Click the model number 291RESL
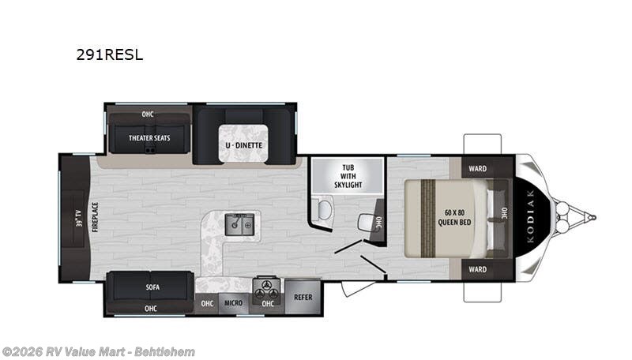click(110, 54)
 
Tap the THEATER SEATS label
click(149, 138)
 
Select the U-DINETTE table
click(243, 144)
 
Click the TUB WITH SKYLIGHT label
click(348, 176)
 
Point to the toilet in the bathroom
click(325, 208)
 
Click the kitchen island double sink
click(239, 225)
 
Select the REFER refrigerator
click(303, 297)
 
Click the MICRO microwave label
click(233, 303)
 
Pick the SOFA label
click(152, 287)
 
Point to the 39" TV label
click(80, 218)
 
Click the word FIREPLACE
click(95, 217)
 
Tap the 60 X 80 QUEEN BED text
click(454, 217)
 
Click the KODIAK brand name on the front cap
click(530, 216)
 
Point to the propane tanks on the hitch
click(562, 218)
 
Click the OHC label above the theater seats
click(148, 114)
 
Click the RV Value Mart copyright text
click(98, 351)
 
